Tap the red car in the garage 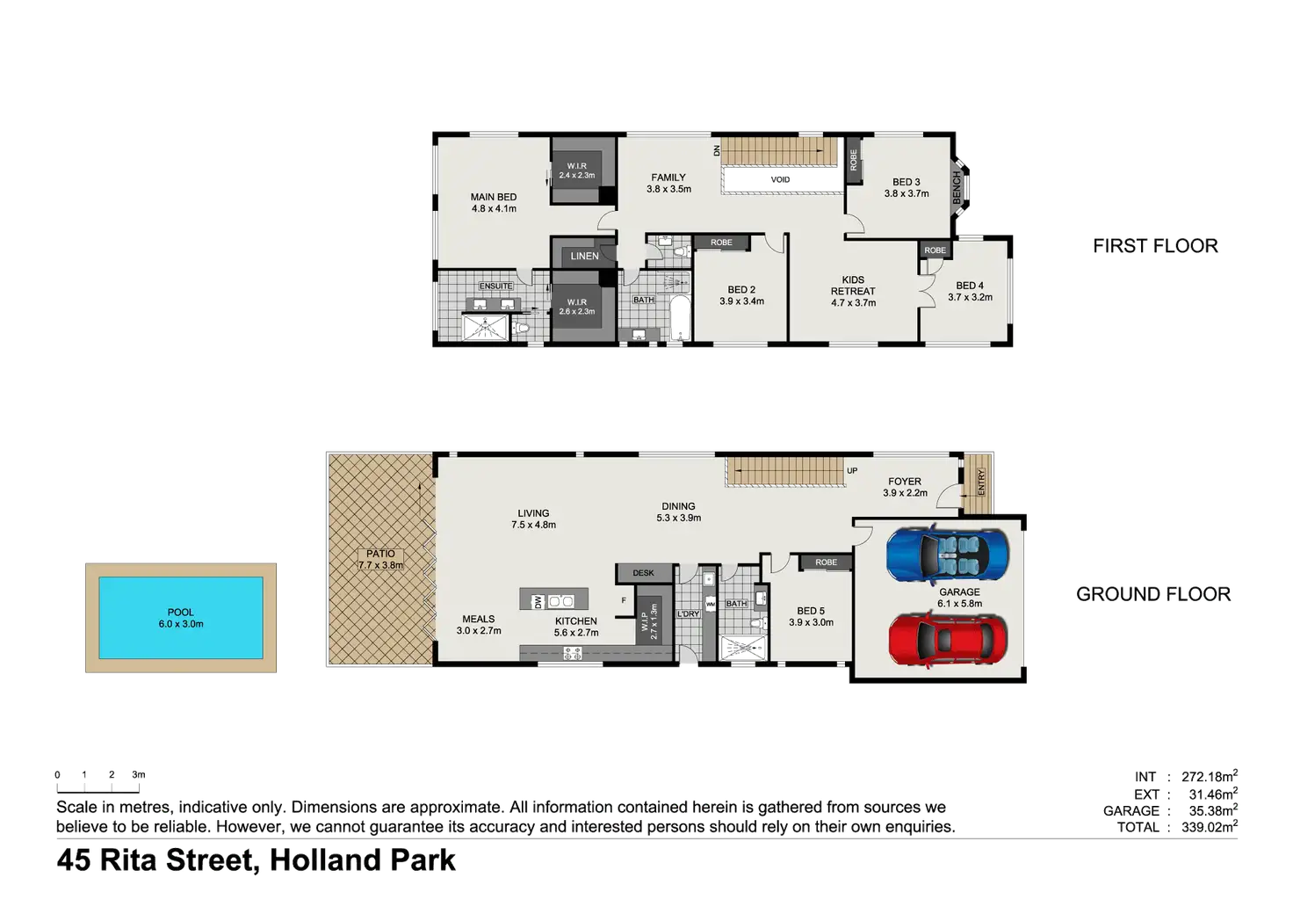tap(948, 639)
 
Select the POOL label tap(180, 613)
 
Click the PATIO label tap(380, 554)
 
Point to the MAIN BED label tap(494, 198)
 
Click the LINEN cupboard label tap(584, 257)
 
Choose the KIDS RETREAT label tap(853, 286)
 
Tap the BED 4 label tap(970, 286)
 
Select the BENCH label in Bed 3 tap(957, 187)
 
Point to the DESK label tap(643, 573)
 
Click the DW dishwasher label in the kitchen tap(538, 602)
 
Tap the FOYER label tap(904, 482)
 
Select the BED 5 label tap(811, 611)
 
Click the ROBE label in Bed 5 tap(826, 562)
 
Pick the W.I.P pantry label tap(652, 620)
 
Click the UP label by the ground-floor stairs tap(852, 471)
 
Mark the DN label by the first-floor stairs tap(717, 151)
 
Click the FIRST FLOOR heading tap(1155, 246)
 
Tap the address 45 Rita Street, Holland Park tap(256, 860)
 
